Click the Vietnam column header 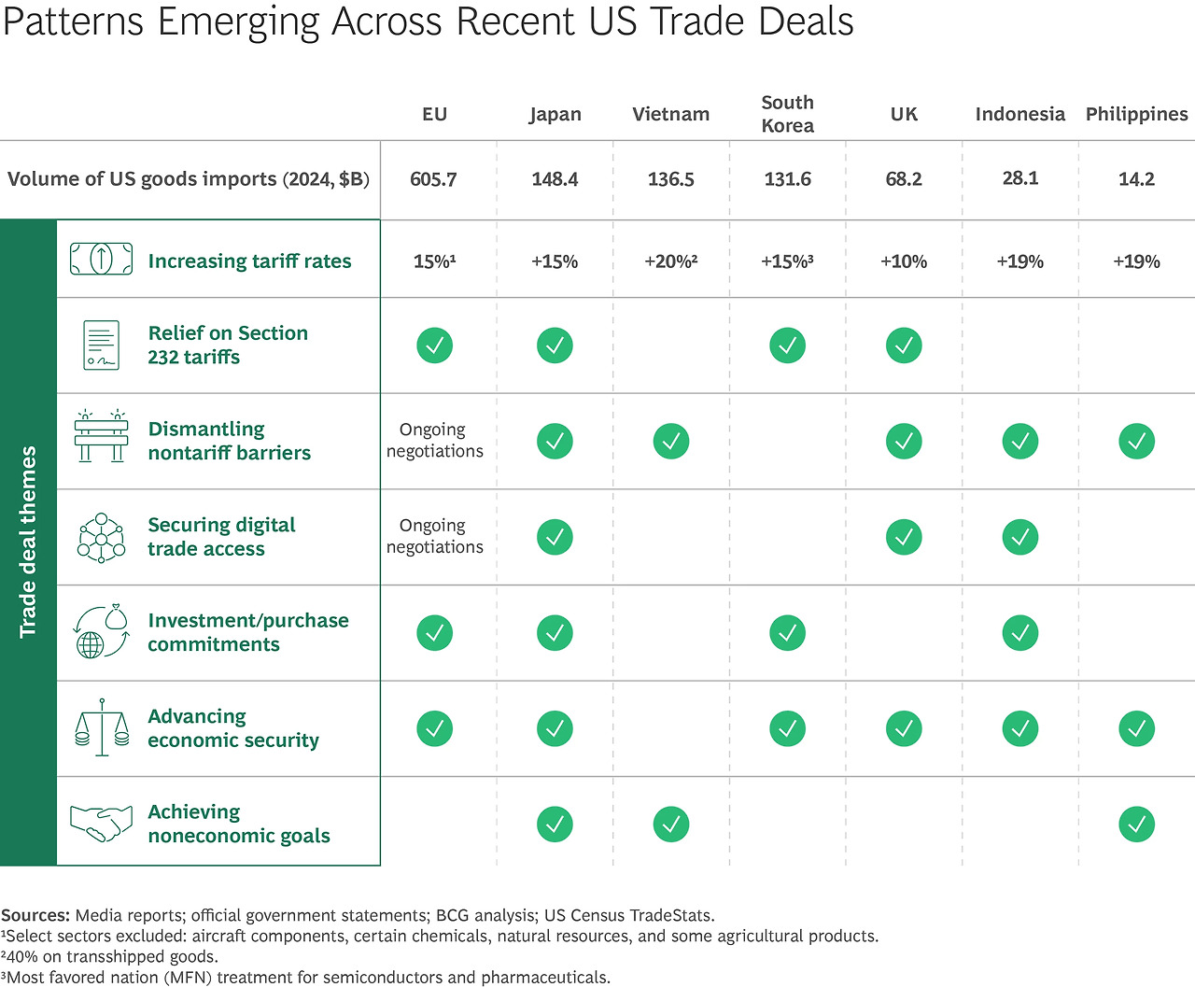(x=670, y=114)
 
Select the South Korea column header (x=787, y=114)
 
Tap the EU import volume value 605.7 (x=433, y=179)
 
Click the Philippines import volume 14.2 (x=1136, y=179)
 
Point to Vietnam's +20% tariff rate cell (x=670, y=261)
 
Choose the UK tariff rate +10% (x=903, y=261)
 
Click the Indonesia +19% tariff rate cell (x=1019, y=261)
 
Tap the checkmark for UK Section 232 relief (x=903, y=345)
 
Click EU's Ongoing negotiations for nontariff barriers (x=434, y=440)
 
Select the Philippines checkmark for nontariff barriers (x=1136, y=441)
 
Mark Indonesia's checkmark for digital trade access (x=1019, y=537)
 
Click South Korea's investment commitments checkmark (x=787, y=633)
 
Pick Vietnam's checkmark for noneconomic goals (x=670, y=825)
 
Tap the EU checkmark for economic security (x=434, y=728)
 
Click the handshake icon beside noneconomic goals (x=101, y=823)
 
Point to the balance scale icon (x=101, y=726)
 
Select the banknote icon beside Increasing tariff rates (x=101, y=259)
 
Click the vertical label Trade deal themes (x=28, y=542)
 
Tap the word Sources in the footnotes (x=35, y=915)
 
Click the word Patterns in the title (x=73, y=21)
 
